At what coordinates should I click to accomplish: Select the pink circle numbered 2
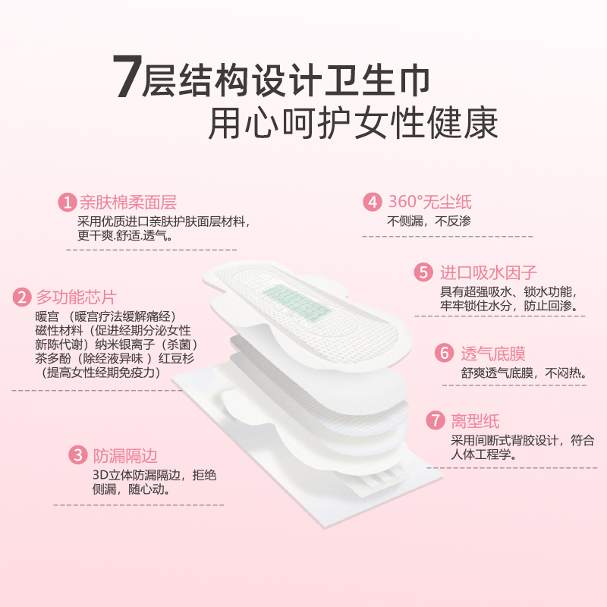coord(23,297)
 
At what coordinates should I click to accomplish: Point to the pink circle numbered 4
coord(371,203)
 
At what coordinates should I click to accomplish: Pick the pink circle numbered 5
coord(422,273)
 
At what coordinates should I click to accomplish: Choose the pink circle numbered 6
coord(443,354)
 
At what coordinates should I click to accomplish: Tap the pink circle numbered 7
coord(434,421)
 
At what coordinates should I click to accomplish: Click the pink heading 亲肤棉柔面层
coord(127,203)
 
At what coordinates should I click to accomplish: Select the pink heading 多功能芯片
coord(76,297)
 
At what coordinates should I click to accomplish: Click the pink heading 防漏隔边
coord(124,456)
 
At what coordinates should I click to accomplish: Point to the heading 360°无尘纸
coord(429,203)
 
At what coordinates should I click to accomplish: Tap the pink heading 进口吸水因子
coord(489,273)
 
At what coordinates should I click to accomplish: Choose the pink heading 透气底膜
coord(493,354)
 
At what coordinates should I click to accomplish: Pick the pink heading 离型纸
coord(475,421)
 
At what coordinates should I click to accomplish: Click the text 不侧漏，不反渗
coord(429,222)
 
